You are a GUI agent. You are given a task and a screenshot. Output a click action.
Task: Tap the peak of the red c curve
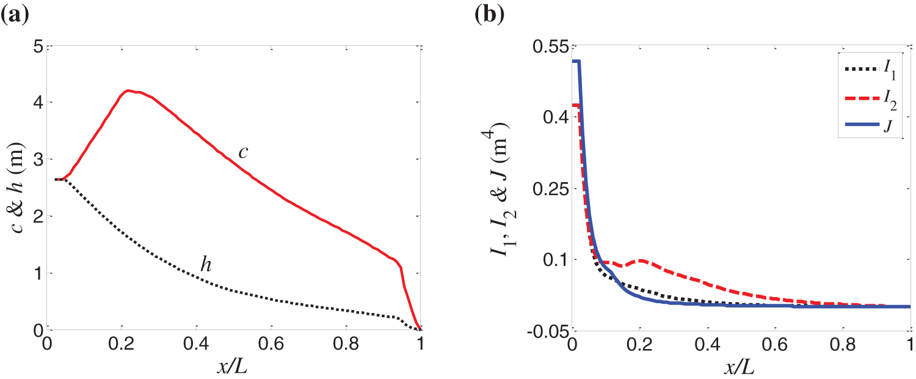tap(128, 90)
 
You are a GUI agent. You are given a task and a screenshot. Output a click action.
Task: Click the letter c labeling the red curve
tap(243, 152)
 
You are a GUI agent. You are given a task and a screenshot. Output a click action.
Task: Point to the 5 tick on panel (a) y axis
tap(37, 46)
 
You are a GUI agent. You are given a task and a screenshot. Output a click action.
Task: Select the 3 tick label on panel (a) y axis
tap(37, 160)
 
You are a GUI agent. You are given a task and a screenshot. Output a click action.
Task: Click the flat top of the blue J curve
tap(576, 61)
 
